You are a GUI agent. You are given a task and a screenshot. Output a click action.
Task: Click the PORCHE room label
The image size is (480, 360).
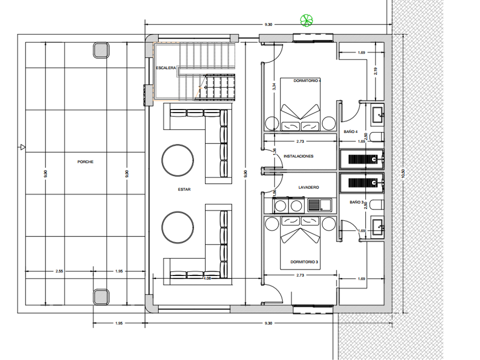(x=85, y=161)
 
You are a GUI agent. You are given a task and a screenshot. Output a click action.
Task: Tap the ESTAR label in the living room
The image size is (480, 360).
(x=184, y=189)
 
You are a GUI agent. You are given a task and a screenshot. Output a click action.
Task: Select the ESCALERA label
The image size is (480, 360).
(x=166, y=67)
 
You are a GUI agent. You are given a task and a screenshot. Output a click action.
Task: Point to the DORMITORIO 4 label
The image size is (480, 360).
(x=307, y=81)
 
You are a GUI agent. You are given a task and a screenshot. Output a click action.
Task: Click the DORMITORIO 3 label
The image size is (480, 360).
(x=304, y=262)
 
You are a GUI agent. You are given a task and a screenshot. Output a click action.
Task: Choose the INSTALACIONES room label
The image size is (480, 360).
(x=298, y=156)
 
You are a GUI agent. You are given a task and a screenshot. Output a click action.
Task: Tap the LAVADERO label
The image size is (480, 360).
(x=308, y=187)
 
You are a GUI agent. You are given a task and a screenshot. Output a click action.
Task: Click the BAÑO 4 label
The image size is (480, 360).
(x=351, y=131)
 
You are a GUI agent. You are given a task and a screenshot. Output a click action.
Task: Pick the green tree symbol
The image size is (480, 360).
(x=306, y=20)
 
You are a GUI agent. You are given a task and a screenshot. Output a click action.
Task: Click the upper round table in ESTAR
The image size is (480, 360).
(x=177, y=160)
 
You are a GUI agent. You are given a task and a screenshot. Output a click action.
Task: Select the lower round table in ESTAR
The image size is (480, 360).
(x=177, y=227)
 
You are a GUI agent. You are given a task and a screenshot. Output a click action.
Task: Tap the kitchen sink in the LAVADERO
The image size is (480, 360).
(x=319, y=205)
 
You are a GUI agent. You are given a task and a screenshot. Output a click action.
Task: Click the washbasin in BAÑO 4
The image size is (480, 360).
(x=377, y=115)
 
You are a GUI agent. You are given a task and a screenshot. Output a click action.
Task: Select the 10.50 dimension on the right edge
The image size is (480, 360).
(x=403, y=173)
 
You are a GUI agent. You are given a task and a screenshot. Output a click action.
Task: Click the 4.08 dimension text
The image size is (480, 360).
(x=207, y=278)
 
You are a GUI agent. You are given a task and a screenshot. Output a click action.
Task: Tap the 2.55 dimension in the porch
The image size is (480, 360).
(x=59, y=271)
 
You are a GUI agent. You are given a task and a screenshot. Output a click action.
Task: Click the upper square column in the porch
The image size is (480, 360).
(x=101, y=50)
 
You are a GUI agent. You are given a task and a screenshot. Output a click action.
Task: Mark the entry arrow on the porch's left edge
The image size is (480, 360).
(x=21, y=147)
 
